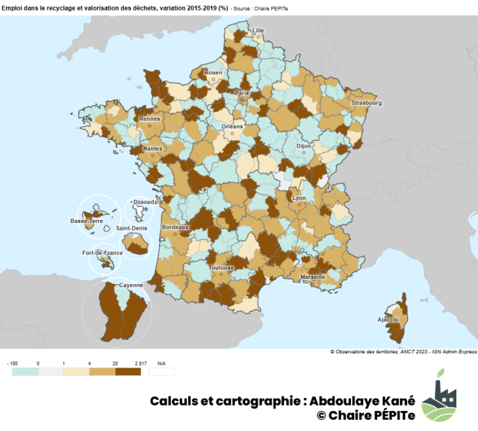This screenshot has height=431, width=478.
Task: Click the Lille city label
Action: coord(258,31)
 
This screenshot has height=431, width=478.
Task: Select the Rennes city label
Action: coord(150,119)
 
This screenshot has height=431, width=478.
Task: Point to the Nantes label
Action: coord(154,148)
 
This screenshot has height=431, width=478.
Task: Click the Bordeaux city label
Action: coord(176,226)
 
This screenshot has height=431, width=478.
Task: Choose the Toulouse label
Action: coord(222,267)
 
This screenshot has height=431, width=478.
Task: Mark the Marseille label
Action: coord(311,276)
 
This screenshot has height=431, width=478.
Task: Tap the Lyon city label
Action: coord(299,198)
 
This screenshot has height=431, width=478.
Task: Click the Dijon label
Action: coord(303,147)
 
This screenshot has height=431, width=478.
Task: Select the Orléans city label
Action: coord(232,126)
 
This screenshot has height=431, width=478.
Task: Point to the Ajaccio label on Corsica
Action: coord(388,319)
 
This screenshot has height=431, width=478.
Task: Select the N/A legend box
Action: coord(161,371)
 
